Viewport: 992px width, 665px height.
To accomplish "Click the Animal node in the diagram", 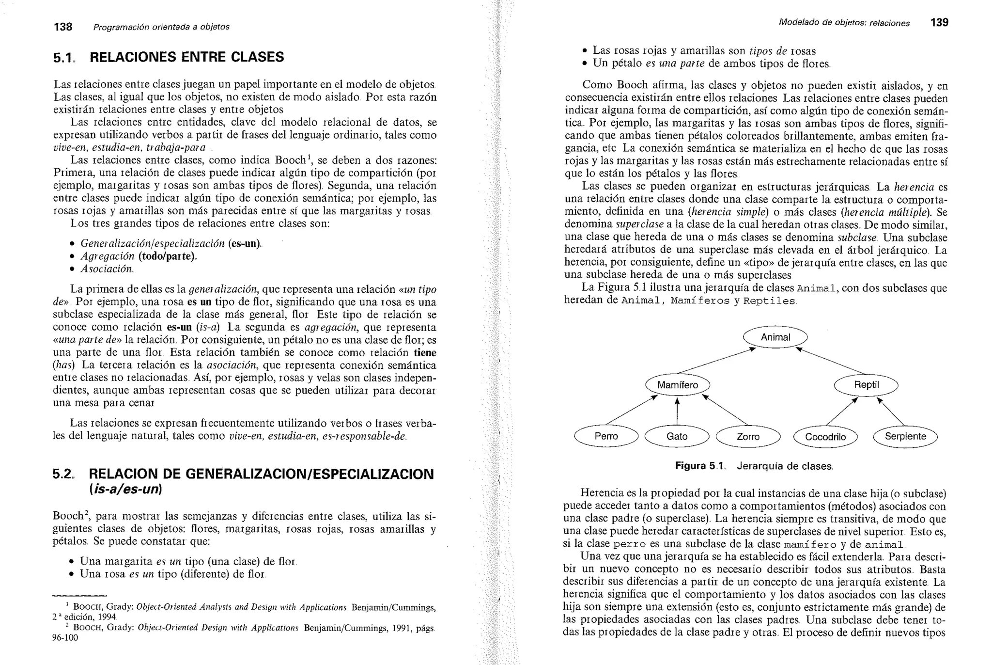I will tap(775, 337).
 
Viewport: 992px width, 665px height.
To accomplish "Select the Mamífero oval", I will tap(678, 385).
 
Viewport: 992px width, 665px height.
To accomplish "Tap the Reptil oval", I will tap(866, 385).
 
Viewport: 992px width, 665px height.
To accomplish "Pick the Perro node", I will tap(606, 436).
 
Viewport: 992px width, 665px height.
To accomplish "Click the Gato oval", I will tap(677, 436).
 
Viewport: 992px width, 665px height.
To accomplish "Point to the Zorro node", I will tap(748, 437).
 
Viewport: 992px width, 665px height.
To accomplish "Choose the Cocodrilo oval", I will tap(825, 437).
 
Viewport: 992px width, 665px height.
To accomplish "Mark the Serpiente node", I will tap(905, 436).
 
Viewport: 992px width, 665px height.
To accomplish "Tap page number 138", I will tap(63, 27).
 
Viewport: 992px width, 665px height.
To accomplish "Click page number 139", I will tap(939, 22).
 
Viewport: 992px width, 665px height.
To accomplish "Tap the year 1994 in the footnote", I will tap(107, 617).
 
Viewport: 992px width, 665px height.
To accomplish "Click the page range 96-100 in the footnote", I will tap(65, 637).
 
